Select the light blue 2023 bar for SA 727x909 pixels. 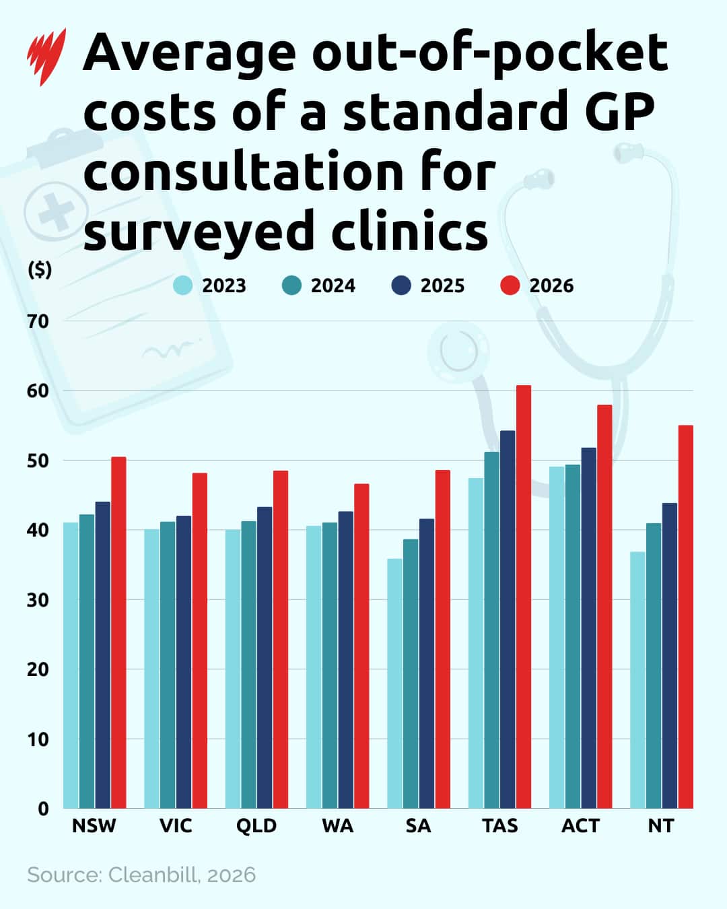point(394,683)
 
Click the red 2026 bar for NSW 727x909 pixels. point(118,632)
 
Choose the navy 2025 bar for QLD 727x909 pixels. point(265,657)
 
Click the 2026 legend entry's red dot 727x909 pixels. point(510,285)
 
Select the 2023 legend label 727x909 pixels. point(224,285)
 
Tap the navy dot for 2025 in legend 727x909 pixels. point(401,285)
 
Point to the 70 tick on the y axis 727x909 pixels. point(38,321)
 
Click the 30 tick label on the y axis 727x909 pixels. point(38,600)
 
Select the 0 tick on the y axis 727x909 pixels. point(43,809)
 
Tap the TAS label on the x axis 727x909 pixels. point(499,826)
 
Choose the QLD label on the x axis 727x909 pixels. point(256,826)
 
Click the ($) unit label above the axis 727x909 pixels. point(40,269)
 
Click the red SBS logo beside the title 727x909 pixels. point(46,57)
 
